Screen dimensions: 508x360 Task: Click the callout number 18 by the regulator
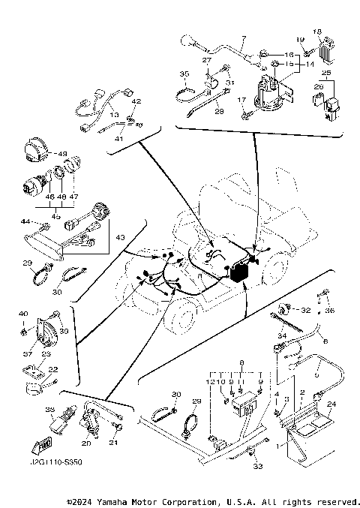[317, 32]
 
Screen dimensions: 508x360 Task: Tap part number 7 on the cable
[243, 38]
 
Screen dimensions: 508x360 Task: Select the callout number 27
[206, 61]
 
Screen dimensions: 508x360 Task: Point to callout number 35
[183, 74]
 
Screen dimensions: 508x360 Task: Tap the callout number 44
[24, 221]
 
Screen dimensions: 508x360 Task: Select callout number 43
[119, 237]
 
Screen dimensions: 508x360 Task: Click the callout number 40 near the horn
[22, 313]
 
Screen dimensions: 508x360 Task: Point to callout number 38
[50, 410]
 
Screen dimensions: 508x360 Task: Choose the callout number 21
[115, 443]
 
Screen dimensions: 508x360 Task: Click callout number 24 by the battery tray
[331, 404]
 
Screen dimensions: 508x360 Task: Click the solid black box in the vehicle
[240, 273]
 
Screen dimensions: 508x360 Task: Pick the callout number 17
[241, 100]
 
